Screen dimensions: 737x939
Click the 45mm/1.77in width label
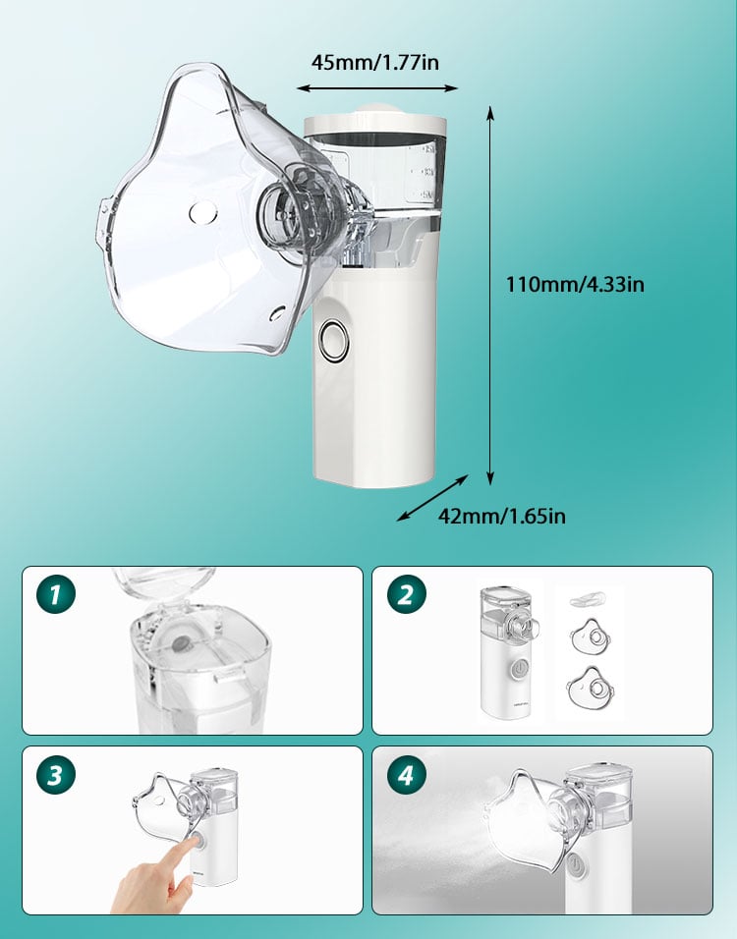[375, 62]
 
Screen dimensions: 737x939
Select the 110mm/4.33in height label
[575, 283]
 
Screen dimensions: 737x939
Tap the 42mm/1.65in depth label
[501, 516]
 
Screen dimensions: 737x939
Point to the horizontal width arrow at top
[377, 88]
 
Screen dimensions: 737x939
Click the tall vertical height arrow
[490, 296]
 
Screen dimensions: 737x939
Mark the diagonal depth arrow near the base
[432, 498]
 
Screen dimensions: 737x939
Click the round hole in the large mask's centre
[203, 212]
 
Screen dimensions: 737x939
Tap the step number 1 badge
[56, 594]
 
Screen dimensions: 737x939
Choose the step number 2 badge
[406, 594]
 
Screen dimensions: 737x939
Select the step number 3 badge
[56, 775]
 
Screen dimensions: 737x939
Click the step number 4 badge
[406, 775]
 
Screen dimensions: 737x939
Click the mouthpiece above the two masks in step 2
[588, 599]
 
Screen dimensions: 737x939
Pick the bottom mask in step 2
[591, 688]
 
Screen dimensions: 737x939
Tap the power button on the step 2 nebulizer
[521, 668]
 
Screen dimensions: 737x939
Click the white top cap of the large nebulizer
[375, 122]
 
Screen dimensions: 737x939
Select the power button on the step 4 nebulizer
[575, 864]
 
